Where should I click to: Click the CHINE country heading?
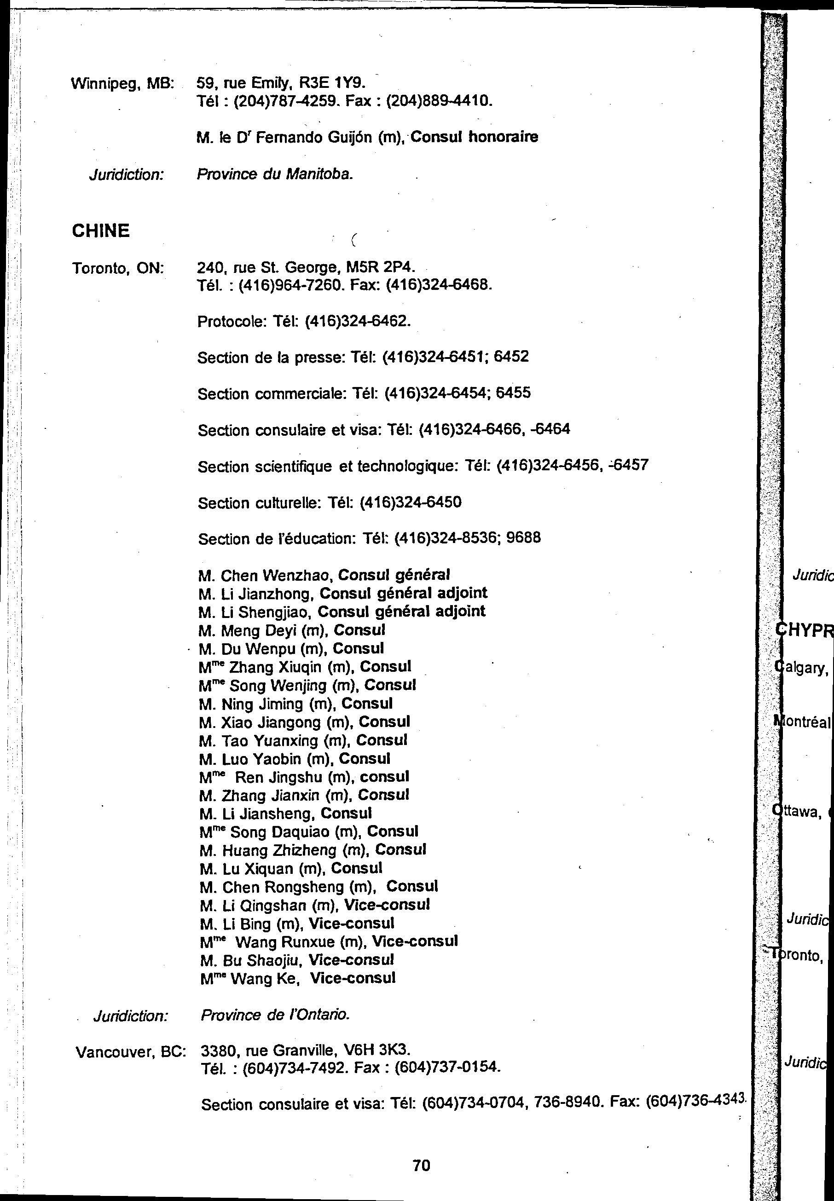click(x=100, y=231)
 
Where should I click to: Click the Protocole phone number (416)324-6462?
click(x=357, y=321)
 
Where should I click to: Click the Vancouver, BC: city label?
click(x=131, y=1051)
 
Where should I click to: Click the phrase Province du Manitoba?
click(x=275, y=174)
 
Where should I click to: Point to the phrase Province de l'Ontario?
click(x=275, y=1015)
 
